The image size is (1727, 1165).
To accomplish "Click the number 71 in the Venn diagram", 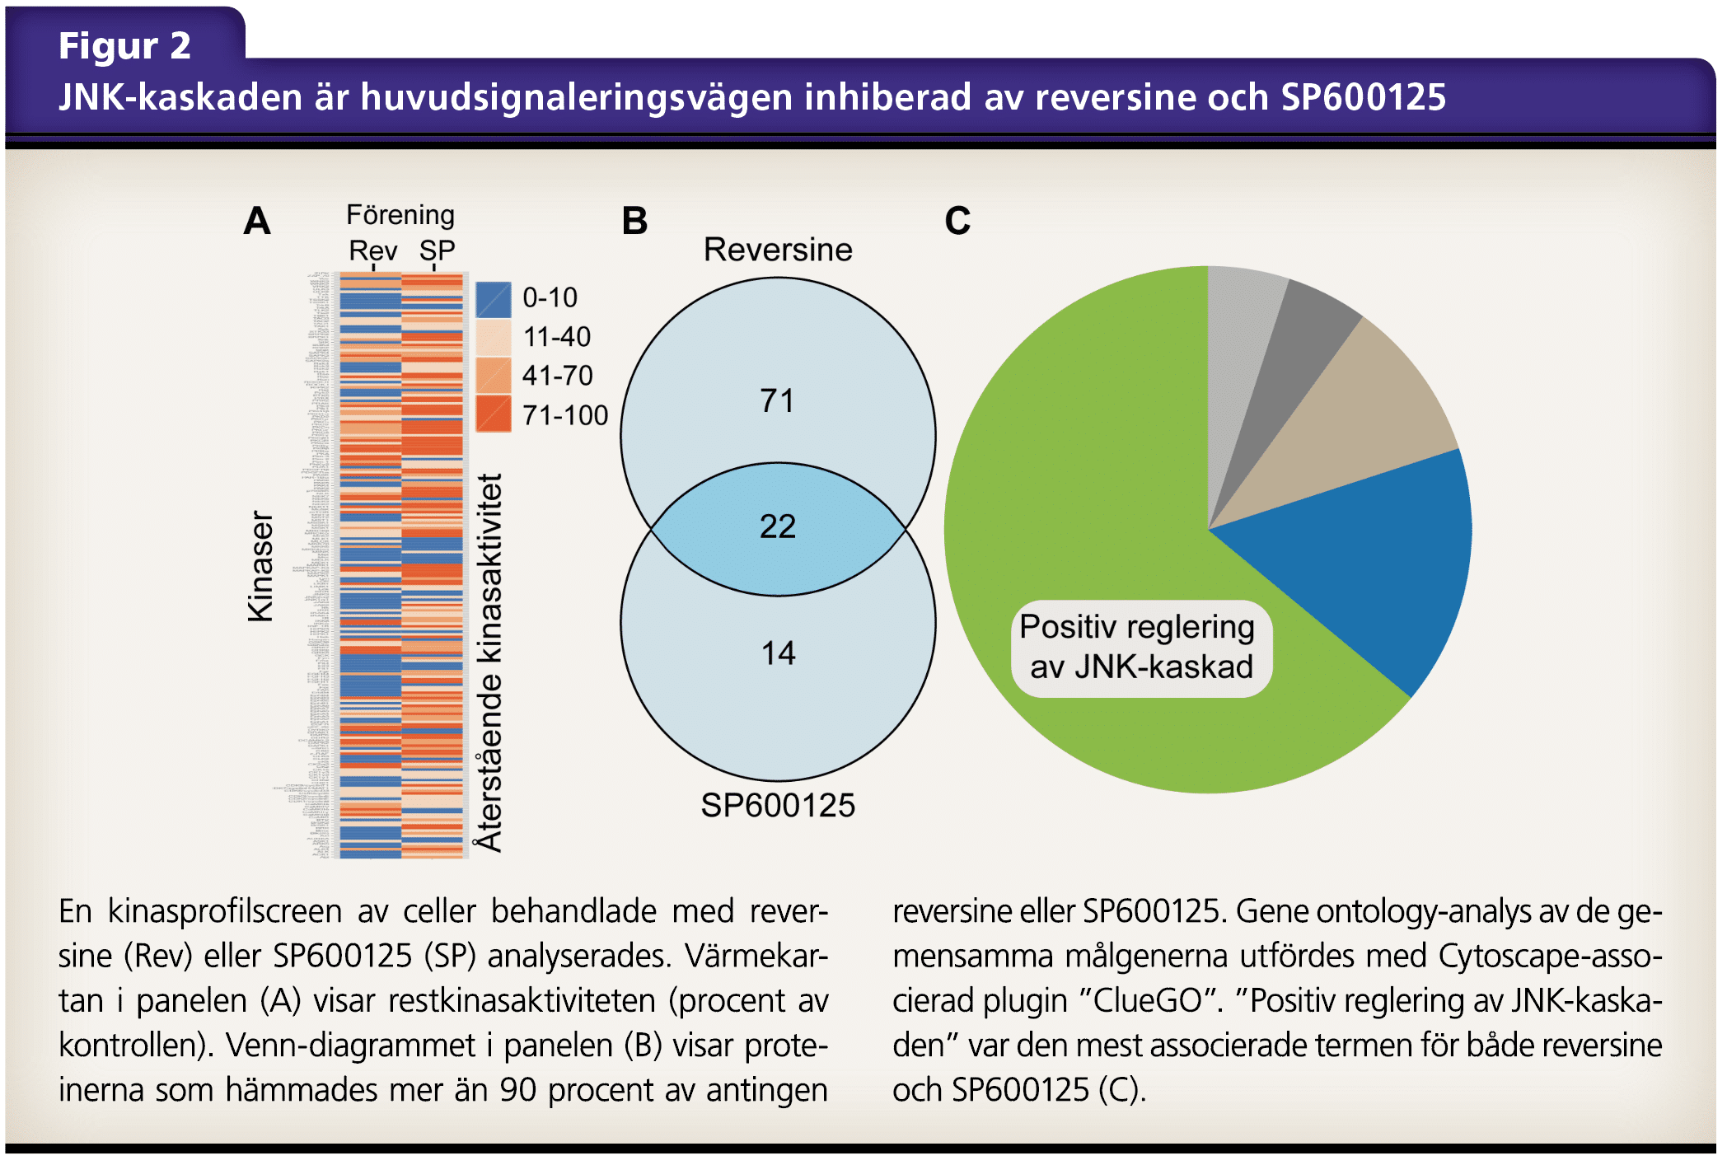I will (x=777, y=401).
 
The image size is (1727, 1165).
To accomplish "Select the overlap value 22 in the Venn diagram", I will (x=777, y=526).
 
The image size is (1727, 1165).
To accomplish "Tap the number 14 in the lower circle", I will (x=778, y=653).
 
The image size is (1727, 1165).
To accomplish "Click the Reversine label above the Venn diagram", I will (x=778, y=250).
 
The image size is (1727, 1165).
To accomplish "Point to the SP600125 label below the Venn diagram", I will (x=778, y=805).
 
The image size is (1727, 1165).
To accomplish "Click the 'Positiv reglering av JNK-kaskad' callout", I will (x=1140, y=648).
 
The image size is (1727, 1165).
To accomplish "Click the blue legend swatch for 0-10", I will (x=493, y=299).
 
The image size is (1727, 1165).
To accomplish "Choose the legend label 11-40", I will (x=557, y=337).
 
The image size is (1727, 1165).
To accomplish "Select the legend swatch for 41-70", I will (x=493, y=376).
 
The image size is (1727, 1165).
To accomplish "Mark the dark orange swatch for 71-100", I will (x=493, y=414).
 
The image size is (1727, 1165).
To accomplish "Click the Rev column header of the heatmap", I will (x=372, y=250).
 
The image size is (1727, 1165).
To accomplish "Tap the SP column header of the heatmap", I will (x=437, y=250).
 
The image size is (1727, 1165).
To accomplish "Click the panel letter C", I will (x=957, y=221).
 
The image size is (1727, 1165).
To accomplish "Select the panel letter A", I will (x=257, y=221).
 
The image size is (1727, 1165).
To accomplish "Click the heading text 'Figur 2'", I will (x=124, y=45).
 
